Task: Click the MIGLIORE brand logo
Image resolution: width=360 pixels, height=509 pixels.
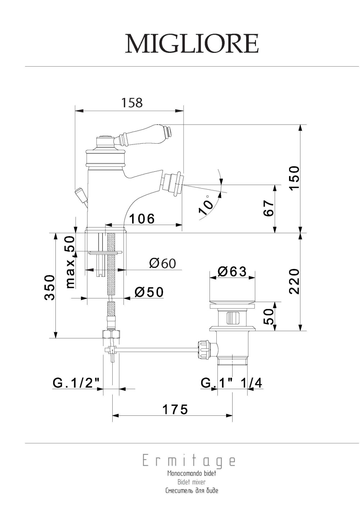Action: (192, 44)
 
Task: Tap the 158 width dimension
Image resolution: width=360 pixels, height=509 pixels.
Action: (132, 103)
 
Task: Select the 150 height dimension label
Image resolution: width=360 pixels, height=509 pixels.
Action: (294, 179)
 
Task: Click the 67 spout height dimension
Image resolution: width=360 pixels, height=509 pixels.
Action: (269, 208)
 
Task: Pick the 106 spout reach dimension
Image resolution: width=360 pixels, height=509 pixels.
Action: (142, 218)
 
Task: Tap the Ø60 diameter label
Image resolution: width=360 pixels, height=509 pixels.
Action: (163, 263)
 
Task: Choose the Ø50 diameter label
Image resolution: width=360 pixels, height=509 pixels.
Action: (149, 292)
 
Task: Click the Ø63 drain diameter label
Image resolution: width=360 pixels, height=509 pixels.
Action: (232, 271)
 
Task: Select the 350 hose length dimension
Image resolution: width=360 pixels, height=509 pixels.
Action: (49, 287)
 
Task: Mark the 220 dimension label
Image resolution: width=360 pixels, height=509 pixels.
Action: (294, 281)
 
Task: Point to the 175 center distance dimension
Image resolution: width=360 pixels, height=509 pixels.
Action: (175, 409)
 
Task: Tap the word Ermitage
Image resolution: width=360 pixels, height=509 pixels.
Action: (189, 461)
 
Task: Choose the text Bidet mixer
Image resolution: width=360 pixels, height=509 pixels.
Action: (192, 482)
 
